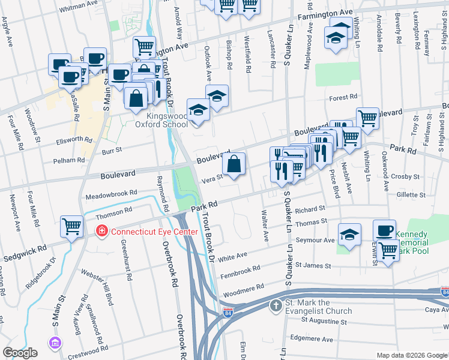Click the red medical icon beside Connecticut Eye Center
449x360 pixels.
103,230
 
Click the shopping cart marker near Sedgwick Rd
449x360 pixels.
71,227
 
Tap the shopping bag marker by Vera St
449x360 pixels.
235,163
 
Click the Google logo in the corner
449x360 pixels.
20,353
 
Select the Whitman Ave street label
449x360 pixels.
78,4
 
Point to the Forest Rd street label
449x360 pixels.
342,97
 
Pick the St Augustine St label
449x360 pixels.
325,320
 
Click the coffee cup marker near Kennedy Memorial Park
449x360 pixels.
384,230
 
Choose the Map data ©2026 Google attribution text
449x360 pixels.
412,355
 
